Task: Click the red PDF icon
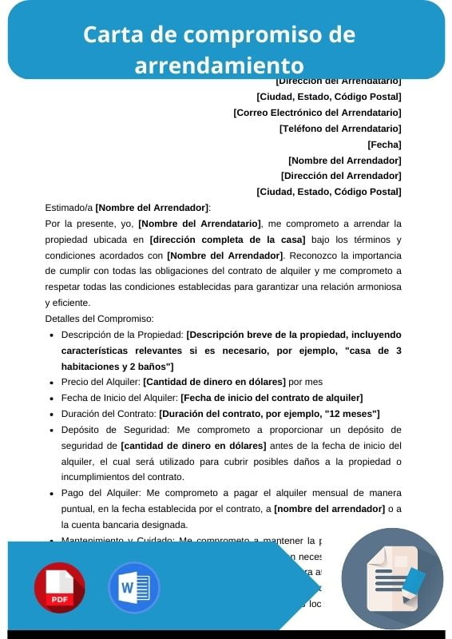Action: [59, 587]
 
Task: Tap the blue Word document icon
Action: [133, 587]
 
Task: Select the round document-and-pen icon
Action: [392, 579]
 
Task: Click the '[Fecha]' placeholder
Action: [384, 145]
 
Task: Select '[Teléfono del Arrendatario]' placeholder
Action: [340, 129]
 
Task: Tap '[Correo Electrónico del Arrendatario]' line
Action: [317, 113]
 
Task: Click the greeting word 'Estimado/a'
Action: [69, 208]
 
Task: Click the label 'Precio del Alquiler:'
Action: [101, 382]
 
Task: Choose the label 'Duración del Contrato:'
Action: [109, 414]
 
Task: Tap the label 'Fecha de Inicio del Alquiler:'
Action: [120, 398]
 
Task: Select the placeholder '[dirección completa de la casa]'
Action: [228, 240]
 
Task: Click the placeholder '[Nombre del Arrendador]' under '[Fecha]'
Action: [344, 161]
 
